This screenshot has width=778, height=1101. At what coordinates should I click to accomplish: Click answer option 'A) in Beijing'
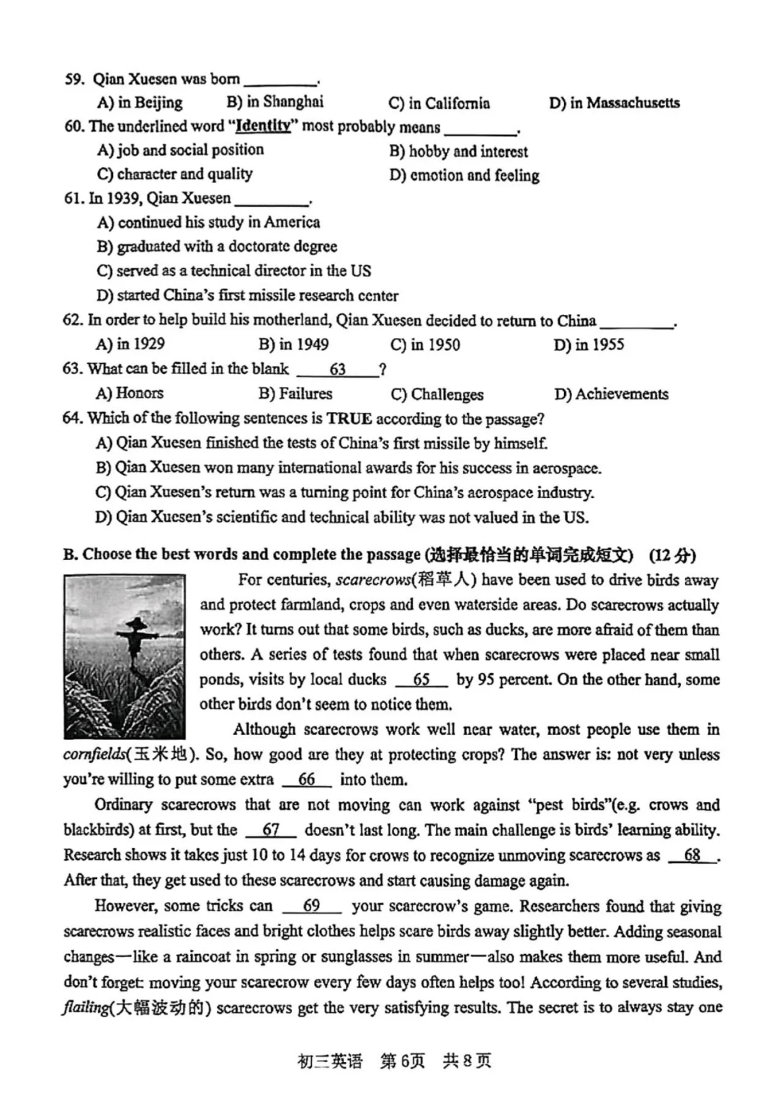[140, 102]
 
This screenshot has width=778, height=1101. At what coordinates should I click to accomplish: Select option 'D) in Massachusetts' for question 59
[614, 103]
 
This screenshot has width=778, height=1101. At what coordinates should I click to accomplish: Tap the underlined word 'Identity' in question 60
[264, 127]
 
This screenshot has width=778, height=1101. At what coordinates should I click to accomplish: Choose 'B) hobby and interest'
[458, 151]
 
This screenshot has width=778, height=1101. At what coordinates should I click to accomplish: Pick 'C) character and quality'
[174, 174]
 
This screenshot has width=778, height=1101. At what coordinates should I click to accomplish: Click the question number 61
[73, 199]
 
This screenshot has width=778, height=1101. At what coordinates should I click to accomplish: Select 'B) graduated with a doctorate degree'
[217, 246]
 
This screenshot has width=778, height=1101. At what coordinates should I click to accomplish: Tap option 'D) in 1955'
[589, 345]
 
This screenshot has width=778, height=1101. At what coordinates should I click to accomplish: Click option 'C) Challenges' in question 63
[437, 394]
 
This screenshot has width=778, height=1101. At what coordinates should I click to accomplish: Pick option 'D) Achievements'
[611, 394]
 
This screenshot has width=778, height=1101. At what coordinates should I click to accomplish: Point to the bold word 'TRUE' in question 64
[349, 419]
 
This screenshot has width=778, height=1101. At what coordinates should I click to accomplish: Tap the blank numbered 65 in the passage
[421, 679]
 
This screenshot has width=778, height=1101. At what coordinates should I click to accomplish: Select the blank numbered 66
[306, 780]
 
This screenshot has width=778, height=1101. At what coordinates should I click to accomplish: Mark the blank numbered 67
[271, 830]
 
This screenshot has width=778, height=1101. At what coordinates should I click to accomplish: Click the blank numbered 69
[311, 906]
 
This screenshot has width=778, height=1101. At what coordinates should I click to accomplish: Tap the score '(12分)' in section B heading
[672, 555]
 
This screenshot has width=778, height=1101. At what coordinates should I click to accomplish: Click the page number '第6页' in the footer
[402, 1061]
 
